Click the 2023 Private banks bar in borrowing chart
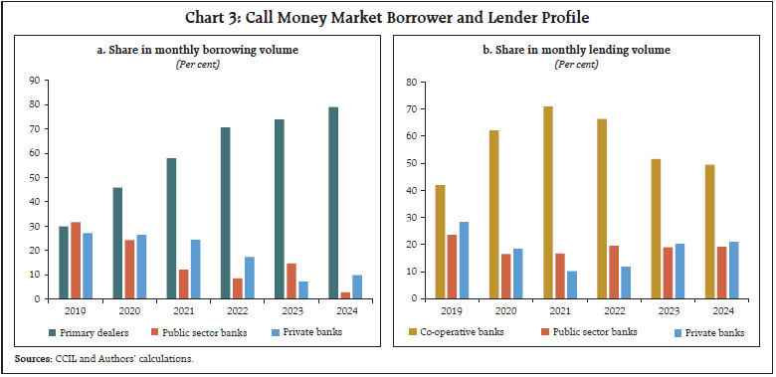(302, 289)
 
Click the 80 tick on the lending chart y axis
(408, 82)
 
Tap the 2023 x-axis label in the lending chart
(668, 309)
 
